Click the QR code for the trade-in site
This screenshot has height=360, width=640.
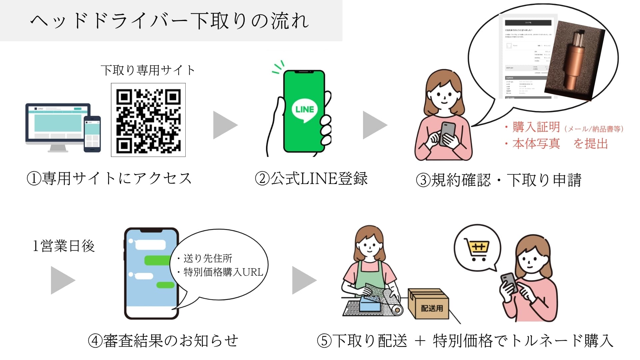point(148,120)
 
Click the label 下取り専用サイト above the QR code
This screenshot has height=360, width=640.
point(148,70)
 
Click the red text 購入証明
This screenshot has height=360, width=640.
point(536,127)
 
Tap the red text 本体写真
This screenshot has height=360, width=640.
point(536,144)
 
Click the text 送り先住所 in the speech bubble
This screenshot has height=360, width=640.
point(208,258)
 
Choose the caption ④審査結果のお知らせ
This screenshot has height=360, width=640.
point(163,341)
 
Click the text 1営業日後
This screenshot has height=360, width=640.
point(63,246)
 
